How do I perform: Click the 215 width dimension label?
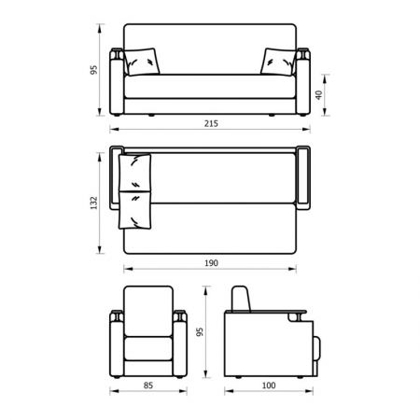coord(211,123)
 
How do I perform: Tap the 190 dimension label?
coord(211,263)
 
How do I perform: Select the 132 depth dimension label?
coord(94,203)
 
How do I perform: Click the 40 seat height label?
coord(319,95)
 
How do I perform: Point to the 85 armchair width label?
coord(148,385)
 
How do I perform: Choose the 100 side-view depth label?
coord(269,385)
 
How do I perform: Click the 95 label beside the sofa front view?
coord(94,70)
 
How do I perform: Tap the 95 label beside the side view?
coord(200,332)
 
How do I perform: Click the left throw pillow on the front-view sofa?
coord(142,62)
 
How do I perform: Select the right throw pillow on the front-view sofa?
coord(278,62)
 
